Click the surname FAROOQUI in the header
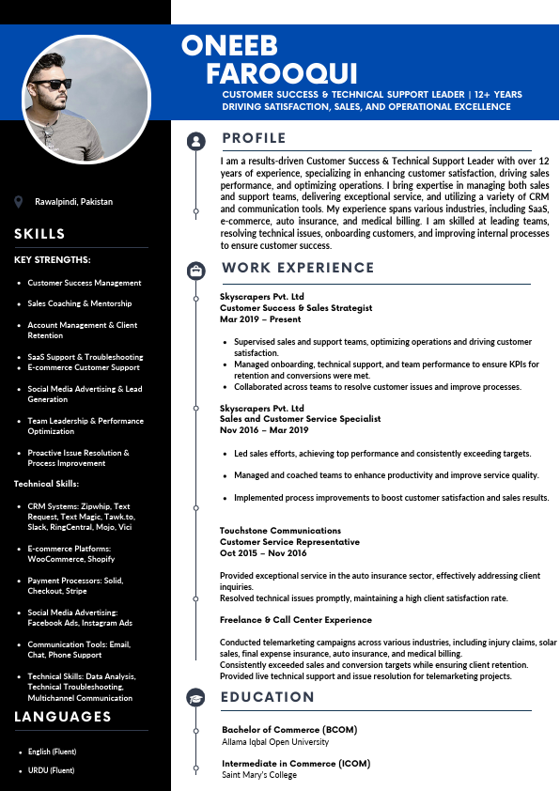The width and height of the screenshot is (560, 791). pos(282,74)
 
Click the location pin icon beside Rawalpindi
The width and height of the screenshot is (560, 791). pos(19,202)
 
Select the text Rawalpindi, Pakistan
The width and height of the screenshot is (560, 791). pos(73,202)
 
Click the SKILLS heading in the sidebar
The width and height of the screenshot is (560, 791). pos(39,234)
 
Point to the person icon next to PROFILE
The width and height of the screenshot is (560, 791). pos(195,141)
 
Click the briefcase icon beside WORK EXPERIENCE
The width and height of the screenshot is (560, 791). pos(195,271)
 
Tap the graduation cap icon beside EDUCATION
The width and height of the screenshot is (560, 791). pos(195,698)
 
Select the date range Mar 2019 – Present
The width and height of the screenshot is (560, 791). pos(260,318)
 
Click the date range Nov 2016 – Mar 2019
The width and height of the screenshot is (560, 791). pos(264,430)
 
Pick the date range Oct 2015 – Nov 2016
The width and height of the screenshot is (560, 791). pos(263,552)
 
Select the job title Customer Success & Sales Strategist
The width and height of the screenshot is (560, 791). pos(296,307)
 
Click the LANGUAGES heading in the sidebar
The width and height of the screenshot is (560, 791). pos(63,717)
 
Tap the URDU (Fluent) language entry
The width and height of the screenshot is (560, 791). pos(52,770)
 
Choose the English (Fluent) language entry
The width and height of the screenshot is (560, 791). pos(52,752)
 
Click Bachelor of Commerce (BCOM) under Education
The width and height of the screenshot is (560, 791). pos(289,730)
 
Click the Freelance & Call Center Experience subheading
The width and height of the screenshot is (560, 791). pos(296,620)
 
